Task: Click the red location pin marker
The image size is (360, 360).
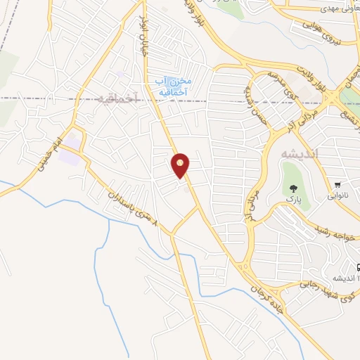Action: pos(181,165)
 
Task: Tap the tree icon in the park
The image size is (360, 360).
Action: pos(292,188)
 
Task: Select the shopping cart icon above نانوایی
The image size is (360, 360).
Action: pos(337,185)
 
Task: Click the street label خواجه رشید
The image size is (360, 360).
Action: pos(335,236)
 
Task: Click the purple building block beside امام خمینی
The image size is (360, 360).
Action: pos(70,157)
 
